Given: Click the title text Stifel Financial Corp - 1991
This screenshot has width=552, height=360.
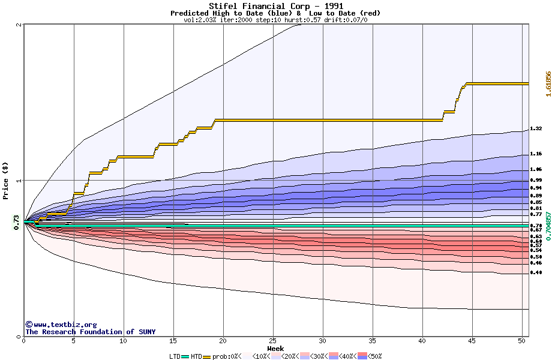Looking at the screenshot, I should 276,6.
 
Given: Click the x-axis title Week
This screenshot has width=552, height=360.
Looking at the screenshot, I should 275,349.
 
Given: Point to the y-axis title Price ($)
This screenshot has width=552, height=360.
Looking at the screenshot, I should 6,181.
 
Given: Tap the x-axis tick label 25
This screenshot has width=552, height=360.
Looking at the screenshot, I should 273,341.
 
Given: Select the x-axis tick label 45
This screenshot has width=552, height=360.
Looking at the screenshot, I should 472,341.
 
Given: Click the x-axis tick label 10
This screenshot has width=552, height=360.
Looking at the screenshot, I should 123,341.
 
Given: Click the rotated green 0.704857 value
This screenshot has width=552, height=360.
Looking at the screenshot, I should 548,226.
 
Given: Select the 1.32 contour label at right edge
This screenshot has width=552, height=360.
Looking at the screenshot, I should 536,129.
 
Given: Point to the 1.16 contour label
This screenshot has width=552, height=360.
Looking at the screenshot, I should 536,154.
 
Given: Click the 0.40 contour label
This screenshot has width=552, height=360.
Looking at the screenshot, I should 536,273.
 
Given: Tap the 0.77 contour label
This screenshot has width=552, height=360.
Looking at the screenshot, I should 536,214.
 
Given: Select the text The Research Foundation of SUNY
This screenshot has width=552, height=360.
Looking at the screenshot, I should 90,332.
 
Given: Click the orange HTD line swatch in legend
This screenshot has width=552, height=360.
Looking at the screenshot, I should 207,356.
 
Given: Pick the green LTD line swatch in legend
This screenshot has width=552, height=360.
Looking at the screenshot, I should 185,356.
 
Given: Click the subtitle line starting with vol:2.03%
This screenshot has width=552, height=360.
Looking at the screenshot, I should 275,20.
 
